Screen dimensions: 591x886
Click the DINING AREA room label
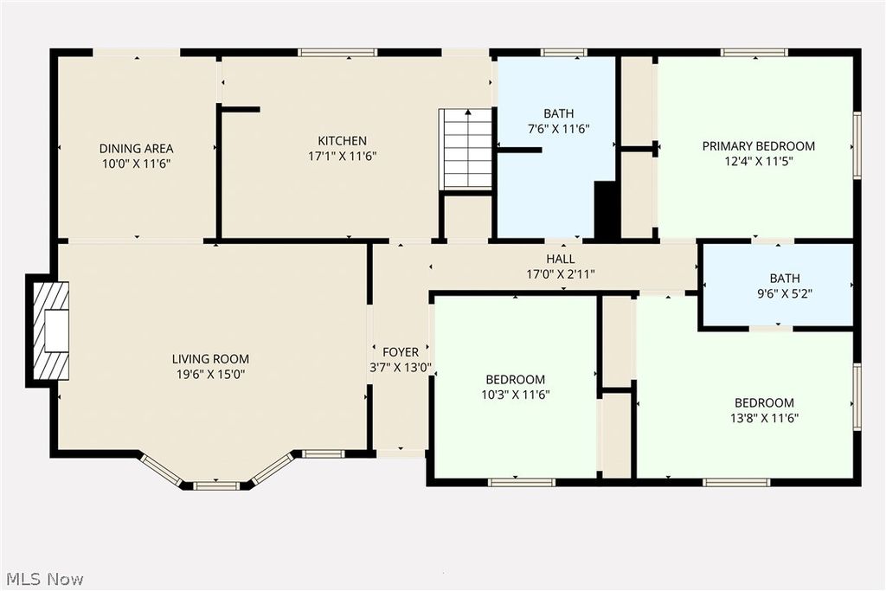pyautogui.click(x=136, y=148)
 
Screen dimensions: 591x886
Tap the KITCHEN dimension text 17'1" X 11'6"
pyautogui.click(x=342, y=156)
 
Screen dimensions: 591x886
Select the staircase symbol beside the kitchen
pyautogui.click(x=466, y=148)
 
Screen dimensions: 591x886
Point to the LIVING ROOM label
pyautogui.click(x=210, y=359)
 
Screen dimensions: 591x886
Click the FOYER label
pyautogui.click(x=401, y=352)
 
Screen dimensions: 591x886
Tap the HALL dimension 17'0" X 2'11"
pyautogui.click(x=560, y=274)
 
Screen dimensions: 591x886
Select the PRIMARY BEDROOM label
pyautogui.click(x=758, y=146)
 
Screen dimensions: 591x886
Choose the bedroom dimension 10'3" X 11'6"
pyautogui.click(x=515, y=395)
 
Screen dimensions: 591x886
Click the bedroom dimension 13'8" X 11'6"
pyautogui.click(x=764, y=418)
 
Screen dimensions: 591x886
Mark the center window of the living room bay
pyautogui.click(x=215, y=485)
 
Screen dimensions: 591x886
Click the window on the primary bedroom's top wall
pyautogui.click(x=754, y=53)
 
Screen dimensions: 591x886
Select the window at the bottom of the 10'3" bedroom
pyautogui.click(x=522, y=481)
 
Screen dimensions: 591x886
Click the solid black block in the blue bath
pyautogui.click(x=607, y=209)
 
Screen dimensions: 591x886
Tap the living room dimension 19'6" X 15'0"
pyautogui.click(x=210, y=375)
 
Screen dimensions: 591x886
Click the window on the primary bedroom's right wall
pyautogui.click(x=857, y=145)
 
